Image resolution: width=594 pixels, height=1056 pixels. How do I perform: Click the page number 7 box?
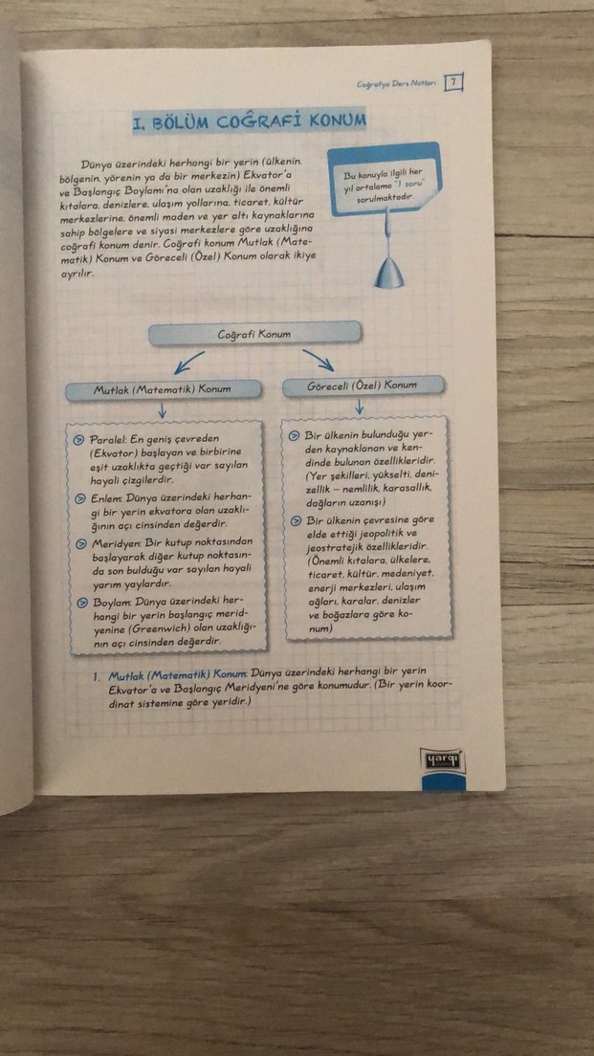pos(454,82)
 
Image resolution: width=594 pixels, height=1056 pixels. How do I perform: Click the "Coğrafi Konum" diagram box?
pos(254,333)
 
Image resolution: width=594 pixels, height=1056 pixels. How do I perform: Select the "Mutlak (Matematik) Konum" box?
pos(162,389)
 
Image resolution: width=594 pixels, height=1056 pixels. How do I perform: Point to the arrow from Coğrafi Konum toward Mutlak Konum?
pos(188,362)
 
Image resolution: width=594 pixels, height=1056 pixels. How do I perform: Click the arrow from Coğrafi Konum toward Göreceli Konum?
pos(319,360)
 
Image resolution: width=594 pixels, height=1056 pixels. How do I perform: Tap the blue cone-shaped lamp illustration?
pos(389,271)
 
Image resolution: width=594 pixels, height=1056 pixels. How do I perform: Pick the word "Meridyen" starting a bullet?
pos(117,543)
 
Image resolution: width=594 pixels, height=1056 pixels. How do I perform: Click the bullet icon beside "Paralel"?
pos(82,438)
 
